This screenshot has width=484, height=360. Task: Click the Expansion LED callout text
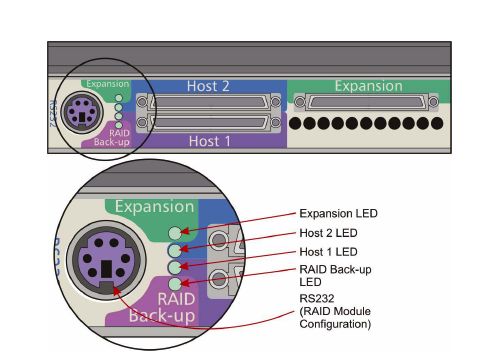(338, 213)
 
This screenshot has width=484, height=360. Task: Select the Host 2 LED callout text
(328, 233)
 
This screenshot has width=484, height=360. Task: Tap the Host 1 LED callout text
(328, 252)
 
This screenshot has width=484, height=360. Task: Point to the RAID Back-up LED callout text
(335, 276)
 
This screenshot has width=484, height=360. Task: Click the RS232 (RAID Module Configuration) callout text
(335, 311)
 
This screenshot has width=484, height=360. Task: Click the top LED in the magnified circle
(175, 233)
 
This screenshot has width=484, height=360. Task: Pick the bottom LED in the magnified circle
(175, 284)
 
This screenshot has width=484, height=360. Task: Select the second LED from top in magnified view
(175, 250)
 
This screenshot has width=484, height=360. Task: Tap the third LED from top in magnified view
(175, 267)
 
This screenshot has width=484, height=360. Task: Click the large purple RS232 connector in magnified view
(106, 260)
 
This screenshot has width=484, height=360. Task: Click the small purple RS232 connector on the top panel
(82, 113)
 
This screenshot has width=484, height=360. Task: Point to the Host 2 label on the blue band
(208, 86)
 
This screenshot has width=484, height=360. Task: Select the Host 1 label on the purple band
(209, 141)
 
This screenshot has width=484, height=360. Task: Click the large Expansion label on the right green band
(369, 86)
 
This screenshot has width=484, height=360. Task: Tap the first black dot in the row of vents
(295, 123)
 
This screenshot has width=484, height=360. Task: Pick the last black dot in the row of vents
(437, 123)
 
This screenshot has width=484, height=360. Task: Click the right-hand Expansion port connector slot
(367, 102)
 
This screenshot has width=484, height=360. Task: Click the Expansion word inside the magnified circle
(155, 207)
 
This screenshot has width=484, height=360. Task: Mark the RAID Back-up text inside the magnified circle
(162, 307)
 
